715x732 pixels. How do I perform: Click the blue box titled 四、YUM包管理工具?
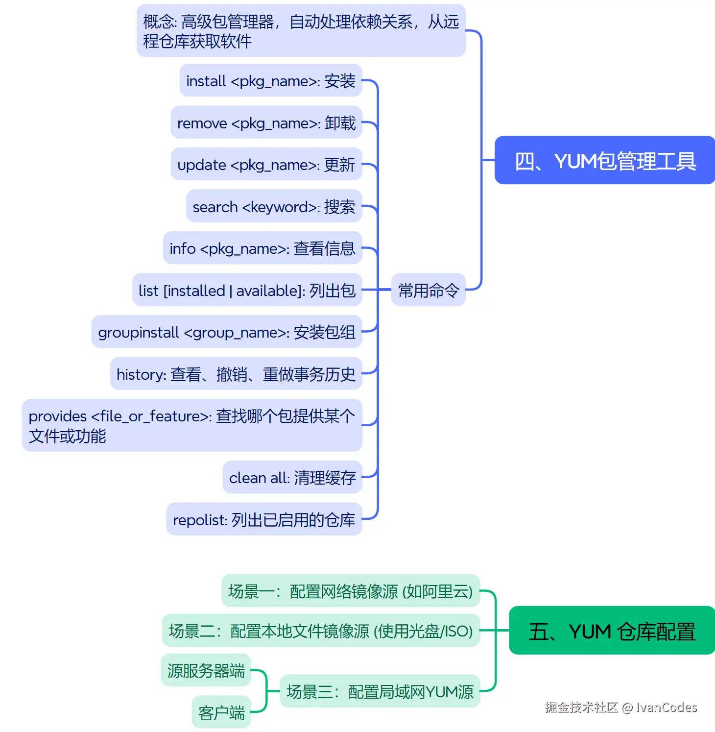[x=605, y=160]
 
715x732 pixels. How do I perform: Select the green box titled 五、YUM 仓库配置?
[x=612, y=631]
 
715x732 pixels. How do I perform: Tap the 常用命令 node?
[x=429, y=290]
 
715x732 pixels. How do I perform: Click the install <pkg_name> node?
[x=271, y=81]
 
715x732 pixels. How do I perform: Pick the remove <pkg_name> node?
[x=266, y=123]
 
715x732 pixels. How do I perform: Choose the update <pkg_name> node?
[x=266, y=165]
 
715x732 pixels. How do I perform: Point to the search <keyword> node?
[x=274, y=206]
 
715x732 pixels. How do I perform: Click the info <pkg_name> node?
[x=262, y=248]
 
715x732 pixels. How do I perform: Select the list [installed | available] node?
[x=247, y=290]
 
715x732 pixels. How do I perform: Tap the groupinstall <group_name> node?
[x=227, y=332]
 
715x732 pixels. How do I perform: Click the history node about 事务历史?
[x=236, y=374]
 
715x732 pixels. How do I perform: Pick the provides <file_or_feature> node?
[x=192, y=425]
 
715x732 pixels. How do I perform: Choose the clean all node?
[x=292, y=477]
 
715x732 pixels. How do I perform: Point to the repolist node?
[x=264, y=519]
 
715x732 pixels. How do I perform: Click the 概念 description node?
[x=301, y=31]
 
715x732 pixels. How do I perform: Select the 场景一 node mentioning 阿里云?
[x=351, y=591]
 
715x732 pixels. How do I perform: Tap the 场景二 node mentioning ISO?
[x=321, y=631]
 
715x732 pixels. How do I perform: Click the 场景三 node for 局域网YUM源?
[x=380, y=691]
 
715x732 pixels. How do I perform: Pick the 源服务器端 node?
[x=206, y=670]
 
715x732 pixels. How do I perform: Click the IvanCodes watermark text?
[x=620, y=707]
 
